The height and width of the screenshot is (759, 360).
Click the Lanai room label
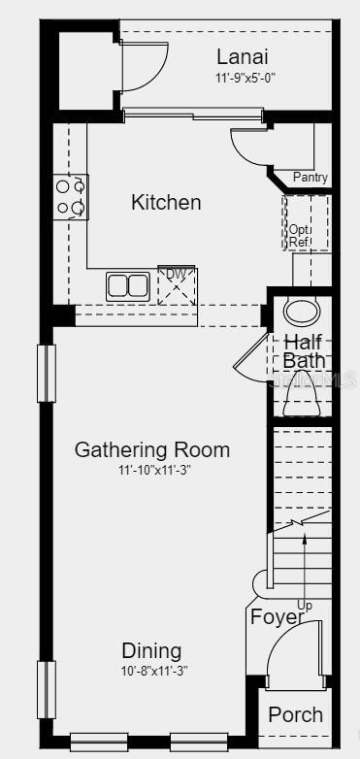tap(242, 57)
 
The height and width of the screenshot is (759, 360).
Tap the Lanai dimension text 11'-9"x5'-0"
tap(245, 78)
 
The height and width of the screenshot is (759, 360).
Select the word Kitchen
tap(166, 202)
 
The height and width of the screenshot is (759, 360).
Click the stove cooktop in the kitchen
tap(71, 197)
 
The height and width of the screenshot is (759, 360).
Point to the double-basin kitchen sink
tap(128, 285)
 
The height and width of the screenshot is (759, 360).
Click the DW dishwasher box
tap(177, 285)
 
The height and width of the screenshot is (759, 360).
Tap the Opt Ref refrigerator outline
tap(307, 222)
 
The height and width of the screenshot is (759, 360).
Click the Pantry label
tap(311, 178)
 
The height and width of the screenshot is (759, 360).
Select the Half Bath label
tap(304, 351)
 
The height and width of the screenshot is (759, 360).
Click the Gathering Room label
tap(152, 450)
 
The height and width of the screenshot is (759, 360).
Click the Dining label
tap(152, 651)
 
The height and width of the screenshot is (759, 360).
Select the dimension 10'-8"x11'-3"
tap(154, 672)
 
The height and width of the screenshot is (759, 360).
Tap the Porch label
tap(296, 715)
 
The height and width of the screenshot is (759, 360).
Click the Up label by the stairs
tap(305, 605)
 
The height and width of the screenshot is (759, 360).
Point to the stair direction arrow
tap(305, 568)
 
